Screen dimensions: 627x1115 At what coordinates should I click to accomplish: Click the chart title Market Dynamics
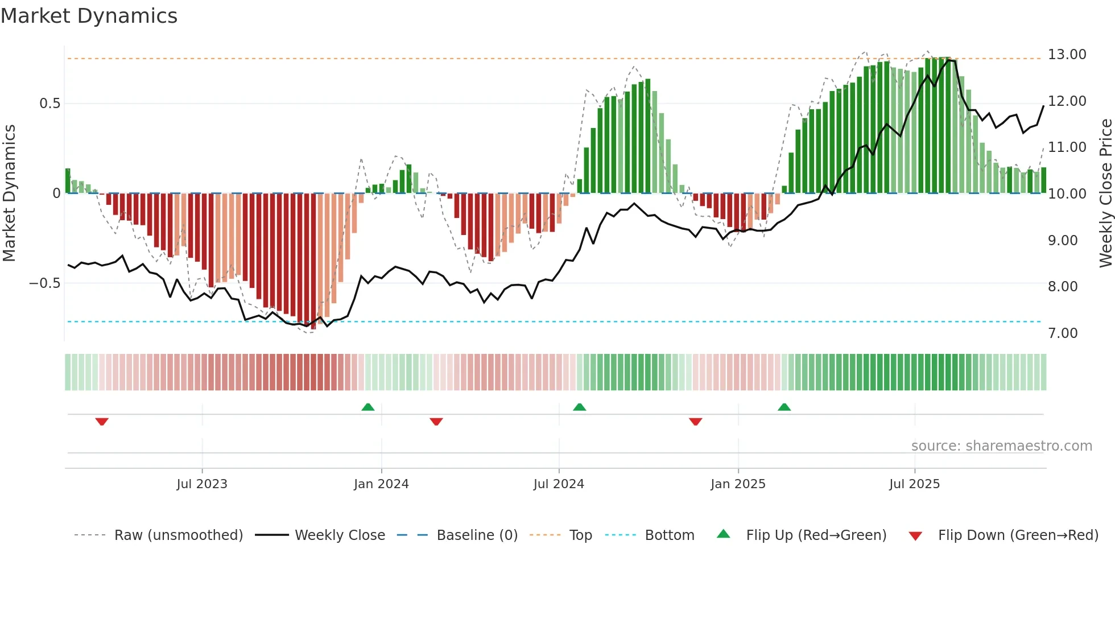click(x=89, y=16)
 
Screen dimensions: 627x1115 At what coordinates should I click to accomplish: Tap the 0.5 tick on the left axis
click(x=49, y=104)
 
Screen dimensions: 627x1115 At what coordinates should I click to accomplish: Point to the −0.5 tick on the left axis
click(x=45, y=283)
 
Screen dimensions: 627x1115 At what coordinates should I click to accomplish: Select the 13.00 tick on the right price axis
click(x=1067, y=55)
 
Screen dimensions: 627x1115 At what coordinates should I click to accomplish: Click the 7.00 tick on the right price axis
click(x=1063, y=333)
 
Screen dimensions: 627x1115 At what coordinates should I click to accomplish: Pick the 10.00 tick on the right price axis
click(x=1067, y=194)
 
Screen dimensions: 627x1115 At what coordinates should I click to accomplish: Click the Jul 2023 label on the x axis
click(x=202, y=484)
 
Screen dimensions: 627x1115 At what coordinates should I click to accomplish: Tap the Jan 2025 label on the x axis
click(x=738, y=484)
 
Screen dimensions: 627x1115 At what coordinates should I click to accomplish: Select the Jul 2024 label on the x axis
click(x=559, y=484)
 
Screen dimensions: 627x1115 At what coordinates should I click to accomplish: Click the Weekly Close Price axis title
click(x=1105, y=193)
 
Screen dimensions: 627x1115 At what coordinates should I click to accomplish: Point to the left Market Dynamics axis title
click(x=9, y=193)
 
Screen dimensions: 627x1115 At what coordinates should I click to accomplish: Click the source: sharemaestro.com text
click(x=1001, y=446)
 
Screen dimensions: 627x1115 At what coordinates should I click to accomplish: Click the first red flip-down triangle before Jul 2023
click(x=102, y=422)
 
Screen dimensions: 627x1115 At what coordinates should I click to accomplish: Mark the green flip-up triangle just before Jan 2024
click(x=368, y=407)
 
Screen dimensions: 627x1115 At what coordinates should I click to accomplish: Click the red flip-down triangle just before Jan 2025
click(x=695, y=422)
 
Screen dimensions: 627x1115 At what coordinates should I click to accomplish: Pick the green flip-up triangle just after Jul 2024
click(x=579, y=407)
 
